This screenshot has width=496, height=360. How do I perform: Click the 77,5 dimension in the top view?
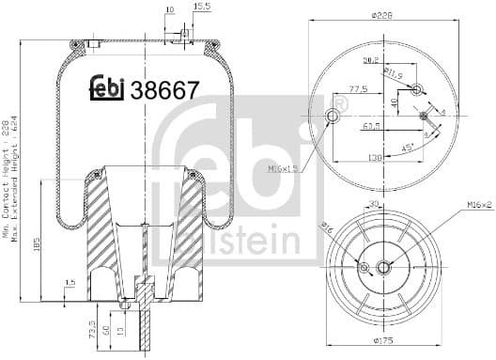(357, 88)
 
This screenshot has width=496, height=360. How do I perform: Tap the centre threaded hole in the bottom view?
(383, 269)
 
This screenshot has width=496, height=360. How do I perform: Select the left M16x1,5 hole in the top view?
(332, 116)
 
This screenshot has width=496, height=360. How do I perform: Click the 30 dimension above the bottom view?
(374, 203)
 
